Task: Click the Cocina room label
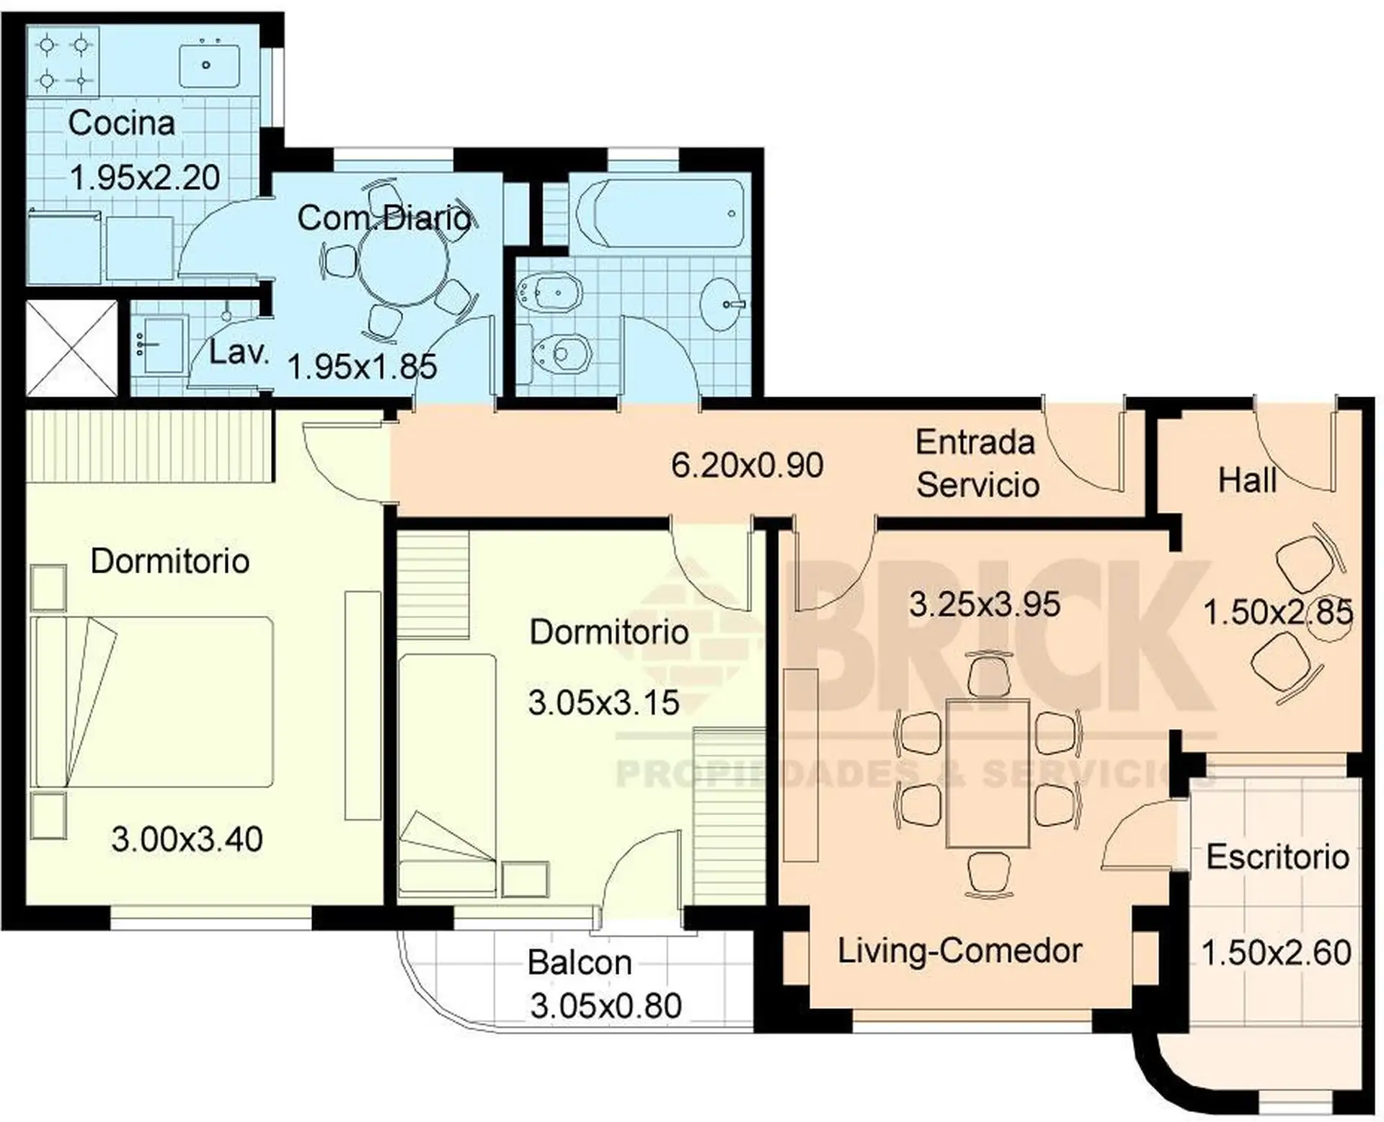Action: tap(121, 123)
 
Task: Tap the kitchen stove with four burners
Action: tap(63, 62)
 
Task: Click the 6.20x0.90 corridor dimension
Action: tap(747, 466)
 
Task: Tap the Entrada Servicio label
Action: tap(977, 464)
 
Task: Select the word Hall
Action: tap(1247, 480)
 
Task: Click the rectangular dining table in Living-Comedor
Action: tap(988, 773)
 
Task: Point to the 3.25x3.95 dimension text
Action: tap(985, 605)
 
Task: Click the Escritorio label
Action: tap(1278, 857)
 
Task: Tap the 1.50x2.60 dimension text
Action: tap(1277, 953)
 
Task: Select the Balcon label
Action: tap(580, 963)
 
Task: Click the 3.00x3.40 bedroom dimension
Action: tap(187, 840)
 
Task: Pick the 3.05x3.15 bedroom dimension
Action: tap(604, 703)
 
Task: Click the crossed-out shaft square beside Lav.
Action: tap(71, 348)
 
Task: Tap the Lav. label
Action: tap(239, 353)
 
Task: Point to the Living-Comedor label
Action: tap(960, 951)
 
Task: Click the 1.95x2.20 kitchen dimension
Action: tap(145, 178)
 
